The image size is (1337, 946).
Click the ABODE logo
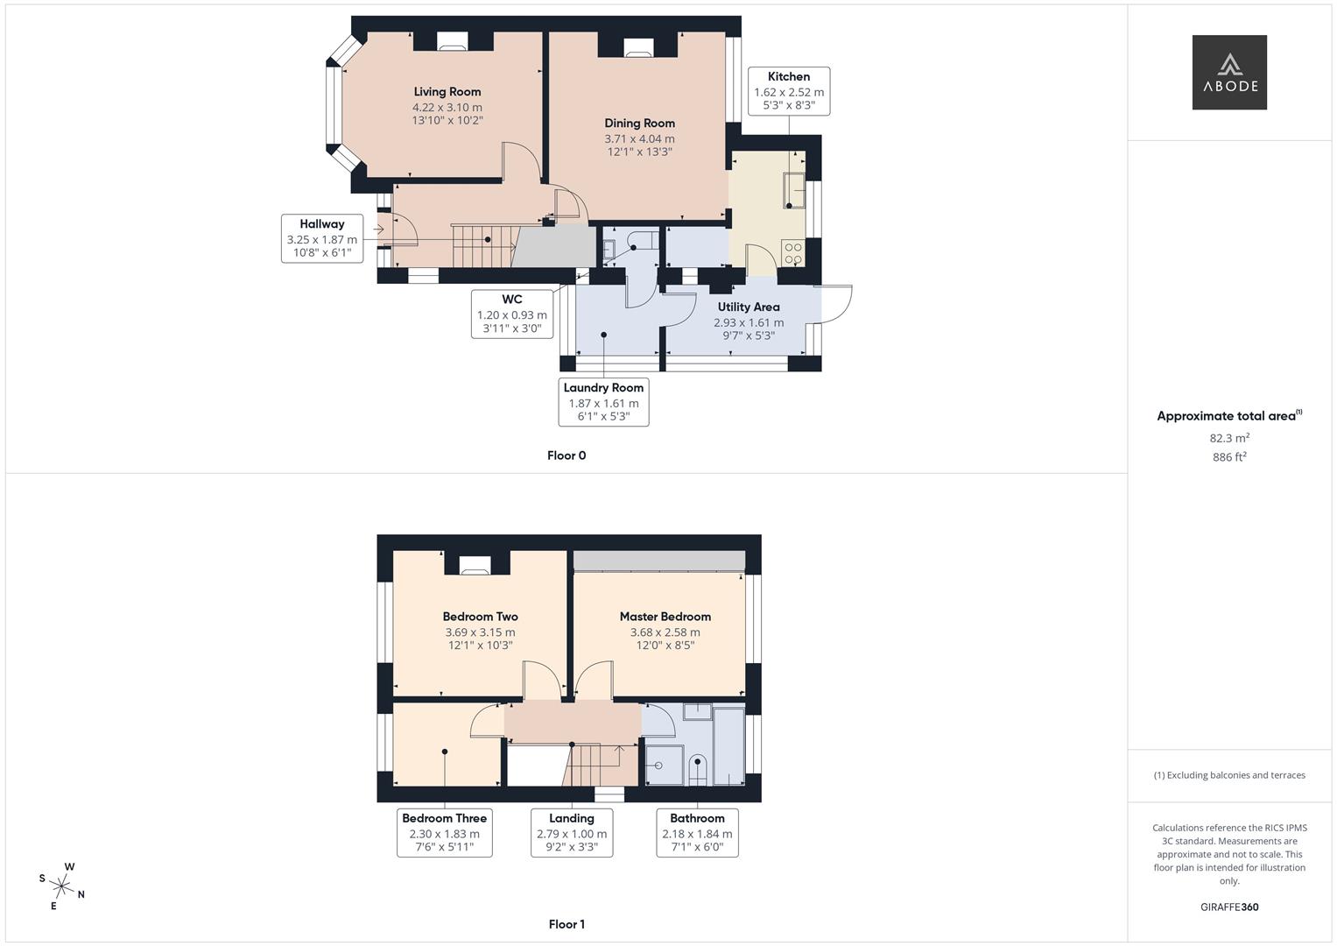point(1228,73)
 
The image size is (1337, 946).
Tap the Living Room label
point(447,92)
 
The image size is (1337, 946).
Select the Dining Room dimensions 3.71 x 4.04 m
point(639,138)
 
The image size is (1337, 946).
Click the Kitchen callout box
point(788,91)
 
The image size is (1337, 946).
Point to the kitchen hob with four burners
point(793,253)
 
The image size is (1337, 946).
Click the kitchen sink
point(794,190)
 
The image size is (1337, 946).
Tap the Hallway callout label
point(321,237)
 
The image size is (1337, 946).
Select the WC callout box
point(511,314)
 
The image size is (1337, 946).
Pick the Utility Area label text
point(748,307)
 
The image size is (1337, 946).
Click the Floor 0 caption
point(566,455)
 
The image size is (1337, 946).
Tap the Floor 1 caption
point(566,924)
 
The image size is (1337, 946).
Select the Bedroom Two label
point(480,617)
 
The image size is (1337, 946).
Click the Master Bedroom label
point(665,617)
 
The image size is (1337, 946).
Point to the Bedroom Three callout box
point(444,832)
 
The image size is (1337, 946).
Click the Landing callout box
point(571,832)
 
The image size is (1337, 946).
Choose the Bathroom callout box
point(697,832)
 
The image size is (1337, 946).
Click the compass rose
point(63,886)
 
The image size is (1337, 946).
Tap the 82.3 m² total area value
point(1228,438)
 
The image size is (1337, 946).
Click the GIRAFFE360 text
point(1228,907)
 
